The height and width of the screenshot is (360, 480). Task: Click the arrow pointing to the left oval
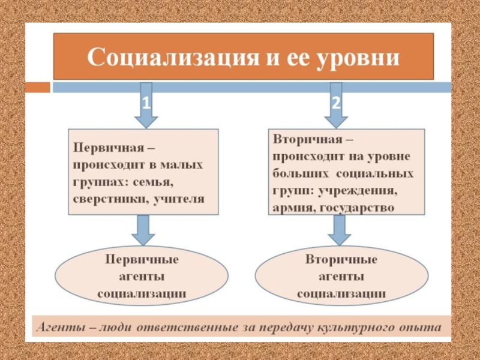tap(143, 230)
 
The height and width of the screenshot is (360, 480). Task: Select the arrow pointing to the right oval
tap(340, 230)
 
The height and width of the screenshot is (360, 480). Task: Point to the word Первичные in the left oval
tap(142, 260)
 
